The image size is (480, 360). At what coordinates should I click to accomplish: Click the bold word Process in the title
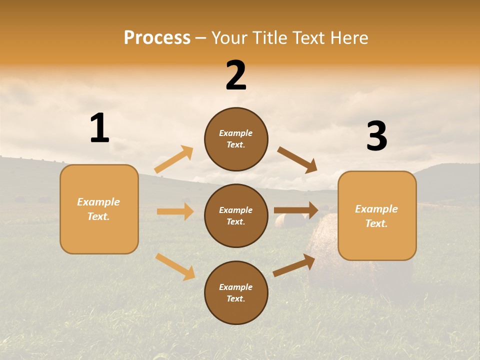pos(157,37)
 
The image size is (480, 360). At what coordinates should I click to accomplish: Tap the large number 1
pos(99,128)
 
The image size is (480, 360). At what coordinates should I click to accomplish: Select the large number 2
pos(236,75)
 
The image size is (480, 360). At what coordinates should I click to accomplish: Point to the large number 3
pos(376,136)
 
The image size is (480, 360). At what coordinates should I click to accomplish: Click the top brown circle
pos(236,139)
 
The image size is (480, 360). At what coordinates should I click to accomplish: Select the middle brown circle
pos(236,215)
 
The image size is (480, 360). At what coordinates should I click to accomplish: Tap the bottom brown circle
pos(236,292)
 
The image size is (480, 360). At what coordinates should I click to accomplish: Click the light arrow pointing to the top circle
pos(174,159)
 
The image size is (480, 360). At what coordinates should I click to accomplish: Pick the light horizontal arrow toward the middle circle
pos(175,211)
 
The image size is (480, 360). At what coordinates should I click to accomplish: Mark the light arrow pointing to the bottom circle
pos(175,266)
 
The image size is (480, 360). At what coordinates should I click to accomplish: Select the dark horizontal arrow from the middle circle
pos(296,210)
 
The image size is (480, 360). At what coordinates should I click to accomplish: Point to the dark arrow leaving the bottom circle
pos(294,265)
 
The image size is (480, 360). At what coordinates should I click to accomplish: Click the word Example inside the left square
pos(98,202)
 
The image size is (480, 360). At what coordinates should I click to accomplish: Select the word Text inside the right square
pos(376,223)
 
